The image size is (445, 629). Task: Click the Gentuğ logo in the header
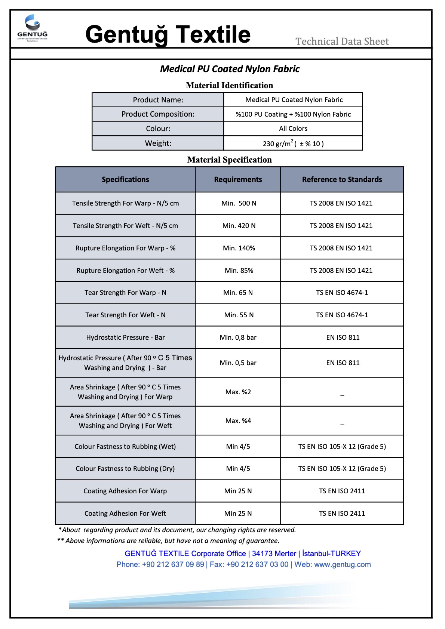[x=33, y=28]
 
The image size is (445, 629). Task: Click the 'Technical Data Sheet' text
[x=342, y=41]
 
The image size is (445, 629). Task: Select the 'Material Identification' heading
[x=229, y=85]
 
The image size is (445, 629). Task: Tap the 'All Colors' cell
[x=293, y=129]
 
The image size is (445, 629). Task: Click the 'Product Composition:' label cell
[x=158, y=114]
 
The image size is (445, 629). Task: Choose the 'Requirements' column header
[x=238, y=179]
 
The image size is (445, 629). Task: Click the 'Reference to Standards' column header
[x=342, y=179]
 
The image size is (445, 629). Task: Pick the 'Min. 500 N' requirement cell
[x=239, y=203]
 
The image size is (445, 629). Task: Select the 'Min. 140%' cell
[x=239, y=248]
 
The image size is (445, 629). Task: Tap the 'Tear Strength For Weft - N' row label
[x=125, y=315]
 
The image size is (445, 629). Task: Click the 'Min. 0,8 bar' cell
[x=238, y=337]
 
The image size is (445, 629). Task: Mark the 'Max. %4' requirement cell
[x=238, y=421]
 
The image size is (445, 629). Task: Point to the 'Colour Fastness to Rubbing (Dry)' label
[x=125, y=469]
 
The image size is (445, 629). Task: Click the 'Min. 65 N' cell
[x=238, y=293]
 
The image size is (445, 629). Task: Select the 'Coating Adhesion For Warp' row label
[x=125, y=491]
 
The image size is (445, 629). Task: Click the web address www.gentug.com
[x=342, y=564]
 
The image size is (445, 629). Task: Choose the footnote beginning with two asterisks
[x=168, y=541]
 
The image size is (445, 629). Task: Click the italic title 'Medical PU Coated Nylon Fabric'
[x=230, y=69]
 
